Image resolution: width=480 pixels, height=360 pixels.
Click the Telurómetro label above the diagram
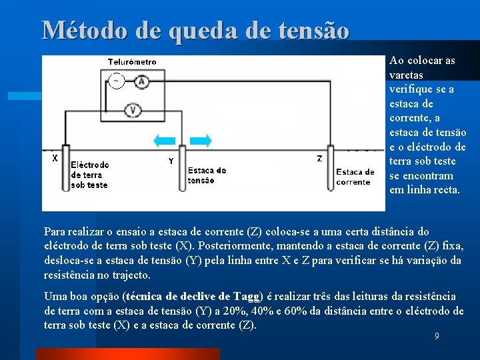132,62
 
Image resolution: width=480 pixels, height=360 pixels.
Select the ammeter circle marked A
141,81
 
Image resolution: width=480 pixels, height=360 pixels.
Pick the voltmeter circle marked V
133,109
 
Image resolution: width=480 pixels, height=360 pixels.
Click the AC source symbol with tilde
116,81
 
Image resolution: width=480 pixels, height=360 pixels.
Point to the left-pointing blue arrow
164,140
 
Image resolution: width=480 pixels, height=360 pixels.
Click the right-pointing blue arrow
201,140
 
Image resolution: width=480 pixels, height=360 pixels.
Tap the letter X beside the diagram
55,159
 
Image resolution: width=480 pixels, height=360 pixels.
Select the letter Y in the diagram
171,161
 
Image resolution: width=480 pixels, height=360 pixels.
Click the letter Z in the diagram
319,159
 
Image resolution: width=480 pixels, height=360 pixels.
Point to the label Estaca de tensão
207,175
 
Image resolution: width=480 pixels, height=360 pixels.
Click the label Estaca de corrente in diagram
355,177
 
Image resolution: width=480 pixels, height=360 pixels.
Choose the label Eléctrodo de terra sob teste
89,175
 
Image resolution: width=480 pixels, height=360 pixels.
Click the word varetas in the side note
406,75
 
